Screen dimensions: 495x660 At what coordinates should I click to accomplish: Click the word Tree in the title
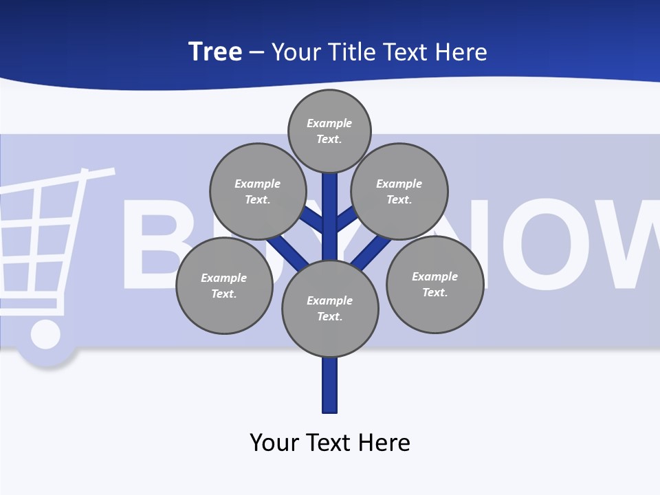215,52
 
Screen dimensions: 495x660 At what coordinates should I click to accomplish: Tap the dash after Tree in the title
256,53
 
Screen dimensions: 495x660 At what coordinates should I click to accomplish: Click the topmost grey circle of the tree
329,131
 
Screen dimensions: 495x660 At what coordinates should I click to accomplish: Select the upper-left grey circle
257,191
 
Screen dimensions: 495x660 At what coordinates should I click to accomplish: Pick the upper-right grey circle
399,191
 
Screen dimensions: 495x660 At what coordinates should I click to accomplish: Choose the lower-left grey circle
224,285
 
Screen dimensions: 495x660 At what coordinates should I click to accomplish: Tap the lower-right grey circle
434,284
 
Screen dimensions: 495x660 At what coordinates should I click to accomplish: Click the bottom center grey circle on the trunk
330,309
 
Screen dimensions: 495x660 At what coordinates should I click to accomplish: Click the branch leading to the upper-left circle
313,220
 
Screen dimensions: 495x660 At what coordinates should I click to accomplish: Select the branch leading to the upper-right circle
346,219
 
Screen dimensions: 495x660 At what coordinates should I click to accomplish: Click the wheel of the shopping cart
45,335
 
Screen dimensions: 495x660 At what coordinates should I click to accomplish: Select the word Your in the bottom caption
274,442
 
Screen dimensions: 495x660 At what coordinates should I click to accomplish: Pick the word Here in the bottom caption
384,442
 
